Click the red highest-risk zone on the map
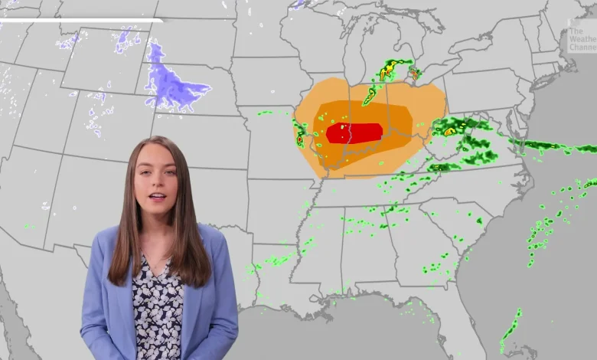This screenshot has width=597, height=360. [354, 133]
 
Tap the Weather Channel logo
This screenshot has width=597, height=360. [581, 40]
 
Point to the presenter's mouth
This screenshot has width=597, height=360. [157, 197]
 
